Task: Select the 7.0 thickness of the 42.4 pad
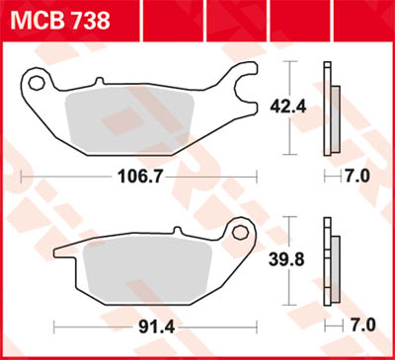point(355,178)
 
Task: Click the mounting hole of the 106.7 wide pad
point(38,81)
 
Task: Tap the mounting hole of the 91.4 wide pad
point(237,233)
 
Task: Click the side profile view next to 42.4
point(330,108)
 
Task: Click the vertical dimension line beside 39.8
point(287,260)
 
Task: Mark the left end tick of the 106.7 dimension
point(22,178)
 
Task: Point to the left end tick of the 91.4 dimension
point(55,324)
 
